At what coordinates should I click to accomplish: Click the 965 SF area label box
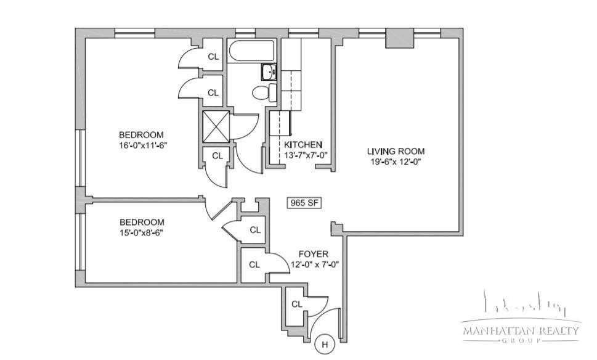point(304,203)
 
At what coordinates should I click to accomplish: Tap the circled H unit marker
point(325,345)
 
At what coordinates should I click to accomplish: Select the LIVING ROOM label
point(396,151)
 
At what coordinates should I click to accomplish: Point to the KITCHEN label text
point(303,145)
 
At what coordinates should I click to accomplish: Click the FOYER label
point(314,254)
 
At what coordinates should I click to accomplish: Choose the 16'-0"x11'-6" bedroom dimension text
point(143,145)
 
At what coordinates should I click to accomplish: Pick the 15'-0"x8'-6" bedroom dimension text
point(141,233)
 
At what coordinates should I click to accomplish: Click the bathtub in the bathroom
point(251,51)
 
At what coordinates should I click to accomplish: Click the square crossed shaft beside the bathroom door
point(216,126)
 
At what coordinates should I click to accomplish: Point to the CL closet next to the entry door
point(296,304)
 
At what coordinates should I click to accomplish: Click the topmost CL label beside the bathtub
point(213,57)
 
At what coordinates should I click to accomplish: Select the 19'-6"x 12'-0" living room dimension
point(396,162)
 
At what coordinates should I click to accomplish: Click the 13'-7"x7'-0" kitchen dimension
point(306,155)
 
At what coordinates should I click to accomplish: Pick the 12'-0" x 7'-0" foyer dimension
point(314,264)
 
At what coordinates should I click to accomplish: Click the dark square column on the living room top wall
point(399,38)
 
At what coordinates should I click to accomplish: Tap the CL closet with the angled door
point(255,230)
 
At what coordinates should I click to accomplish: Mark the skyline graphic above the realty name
point(524,303)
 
